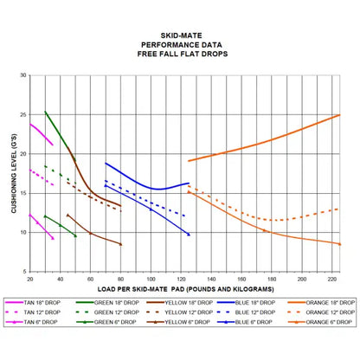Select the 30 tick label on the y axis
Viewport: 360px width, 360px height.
(x=22, y=75)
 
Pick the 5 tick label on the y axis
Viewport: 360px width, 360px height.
(x=23, y=271)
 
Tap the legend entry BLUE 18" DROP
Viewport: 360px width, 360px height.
(x=252, y=303)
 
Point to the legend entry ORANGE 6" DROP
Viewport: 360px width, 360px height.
(x=322, y=321)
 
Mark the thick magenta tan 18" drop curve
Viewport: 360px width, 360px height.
(x=41, y=133)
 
